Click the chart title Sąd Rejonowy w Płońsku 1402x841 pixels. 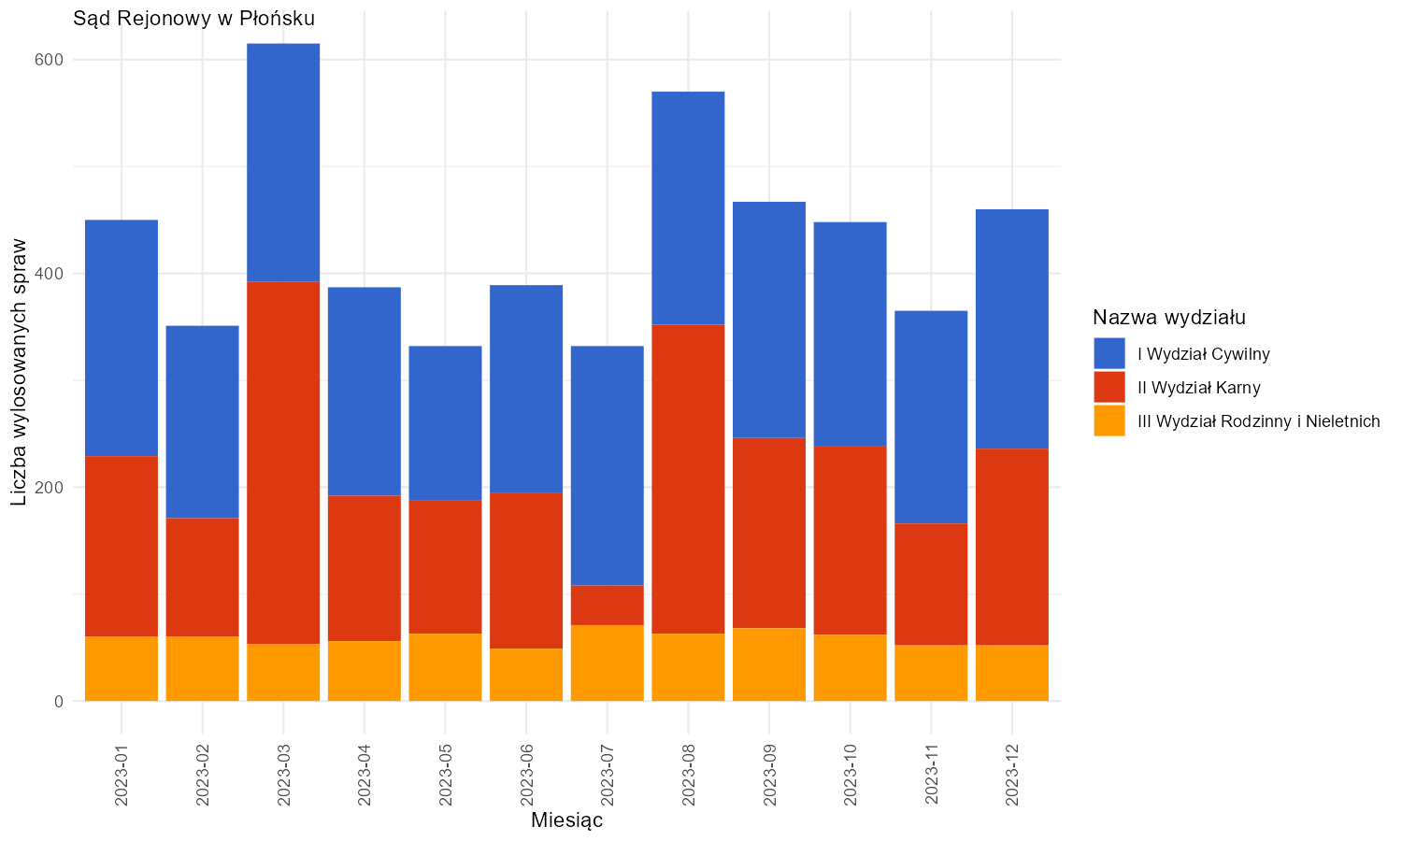tap(193, 19)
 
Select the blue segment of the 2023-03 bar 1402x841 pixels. tap(283, 163)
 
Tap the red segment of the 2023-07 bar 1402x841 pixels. tap(608, 606)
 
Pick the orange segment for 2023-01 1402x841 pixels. tap(122, 668)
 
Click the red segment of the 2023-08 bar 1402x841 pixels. tap(688, 479)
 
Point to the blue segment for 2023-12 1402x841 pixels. tap(1012, 329)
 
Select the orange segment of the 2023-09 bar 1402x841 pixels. tap(769, 664)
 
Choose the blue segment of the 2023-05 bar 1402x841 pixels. tap(445, 423)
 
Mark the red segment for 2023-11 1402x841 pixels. tap(931, 584)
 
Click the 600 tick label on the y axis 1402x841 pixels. tap(49, 60)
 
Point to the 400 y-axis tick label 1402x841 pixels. tap(49, 274)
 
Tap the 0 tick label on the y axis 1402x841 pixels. tap(59, 702)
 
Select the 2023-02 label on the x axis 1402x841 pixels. tap(202, 775)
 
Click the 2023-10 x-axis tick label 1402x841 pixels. tap(850, 775)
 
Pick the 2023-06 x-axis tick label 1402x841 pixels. tap(526, 775)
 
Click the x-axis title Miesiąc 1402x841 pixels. tap(567, 820)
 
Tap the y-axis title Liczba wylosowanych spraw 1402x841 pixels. tap(19, 372)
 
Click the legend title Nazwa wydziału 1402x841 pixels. tap(1169, 318)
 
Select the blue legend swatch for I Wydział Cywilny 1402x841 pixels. tap(1109, 353)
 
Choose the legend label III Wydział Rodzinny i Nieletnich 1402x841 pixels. tap(1259, 421)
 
